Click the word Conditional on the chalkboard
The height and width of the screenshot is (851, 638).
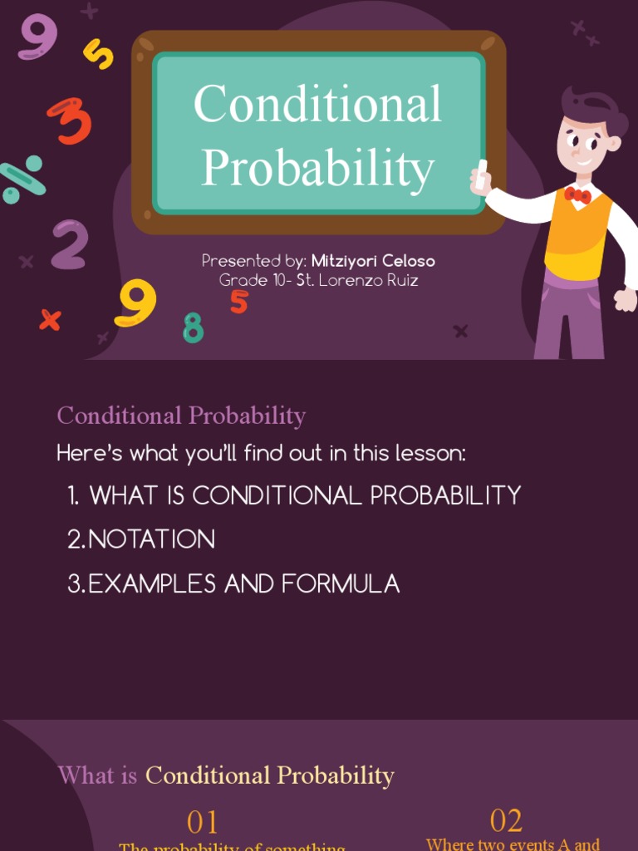(x=317, y=105)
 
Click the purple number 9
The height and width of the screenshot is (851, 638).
(x=37, y=37)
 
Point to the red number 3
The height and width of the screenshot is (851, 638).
(x=70, y=121)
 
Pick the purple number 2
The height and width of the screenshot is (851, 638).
(x=69, y=244)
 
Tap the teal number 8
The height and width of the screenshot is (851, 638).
(x=193, y=327)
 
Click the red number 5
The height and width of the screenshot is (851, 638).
(x=239, y=302)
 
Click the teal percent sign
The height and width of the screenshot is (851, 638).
(x=21, y=179)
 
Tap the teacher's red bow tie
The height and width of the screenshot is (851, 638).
(x=577, y=196)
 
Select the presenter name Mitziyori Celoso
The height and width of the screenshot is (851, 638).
(x=373, y=261)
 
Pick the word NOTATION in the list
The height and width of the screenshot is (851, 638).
(x=151, y=539)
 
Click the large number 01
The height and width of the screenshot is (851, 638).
(x=203, y=822)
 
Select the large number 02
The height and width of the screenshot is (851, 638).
(x=506, y=820)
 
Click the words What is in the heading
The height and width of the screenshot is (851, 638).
(x=97, y=775)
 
